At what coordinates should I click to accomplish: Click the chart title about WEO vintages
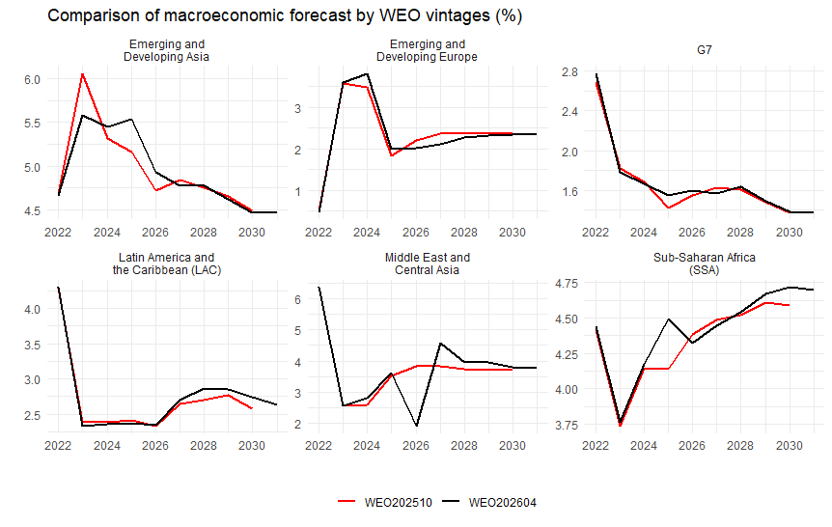284,16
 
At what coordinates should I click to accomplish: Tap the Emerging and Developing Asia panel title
167,50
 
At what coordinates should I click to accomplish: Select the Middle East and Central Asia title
428,264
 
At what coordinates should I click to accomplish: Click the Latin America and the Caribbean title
167,264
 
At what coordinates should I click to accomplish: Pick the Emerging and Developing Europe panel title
428,50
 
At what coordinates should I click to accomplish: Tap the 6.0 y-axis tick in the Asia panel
31,79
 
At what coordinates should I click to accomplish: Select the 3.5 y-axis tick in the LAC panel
31,345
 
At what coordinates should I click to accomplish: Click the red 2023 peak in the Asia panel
82,73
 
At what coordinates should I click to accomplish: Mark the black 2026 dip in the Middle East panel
416,426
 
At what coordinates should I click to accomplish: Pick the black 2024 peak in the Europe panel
367,73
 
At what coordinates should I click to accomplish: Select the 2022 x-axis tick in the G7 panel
596,232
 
